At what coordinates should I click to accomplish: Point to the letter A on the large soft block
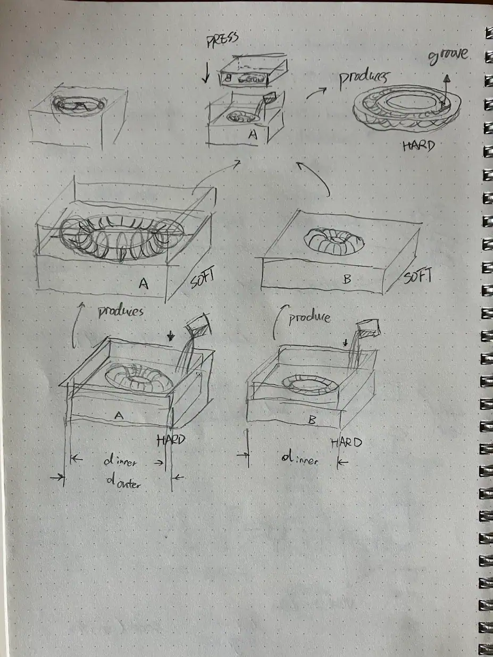(143, 284)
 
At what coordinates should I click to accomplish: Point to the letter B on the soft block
(347, 279)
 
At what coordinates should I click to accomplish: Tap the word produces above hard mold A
(121, 311)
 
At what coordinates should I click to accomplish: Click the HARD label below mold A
(171, 440)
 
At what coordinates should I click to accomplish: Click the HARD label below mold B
(346, 442)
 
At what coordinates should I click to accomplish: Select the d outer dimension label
(123, 483)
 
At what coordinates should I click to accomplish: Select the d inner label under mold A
(120, 462)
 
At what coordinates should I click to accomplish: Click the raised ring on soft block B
(334, 241)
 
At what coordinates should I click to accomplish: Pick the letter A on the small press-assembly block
(253, 135)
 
